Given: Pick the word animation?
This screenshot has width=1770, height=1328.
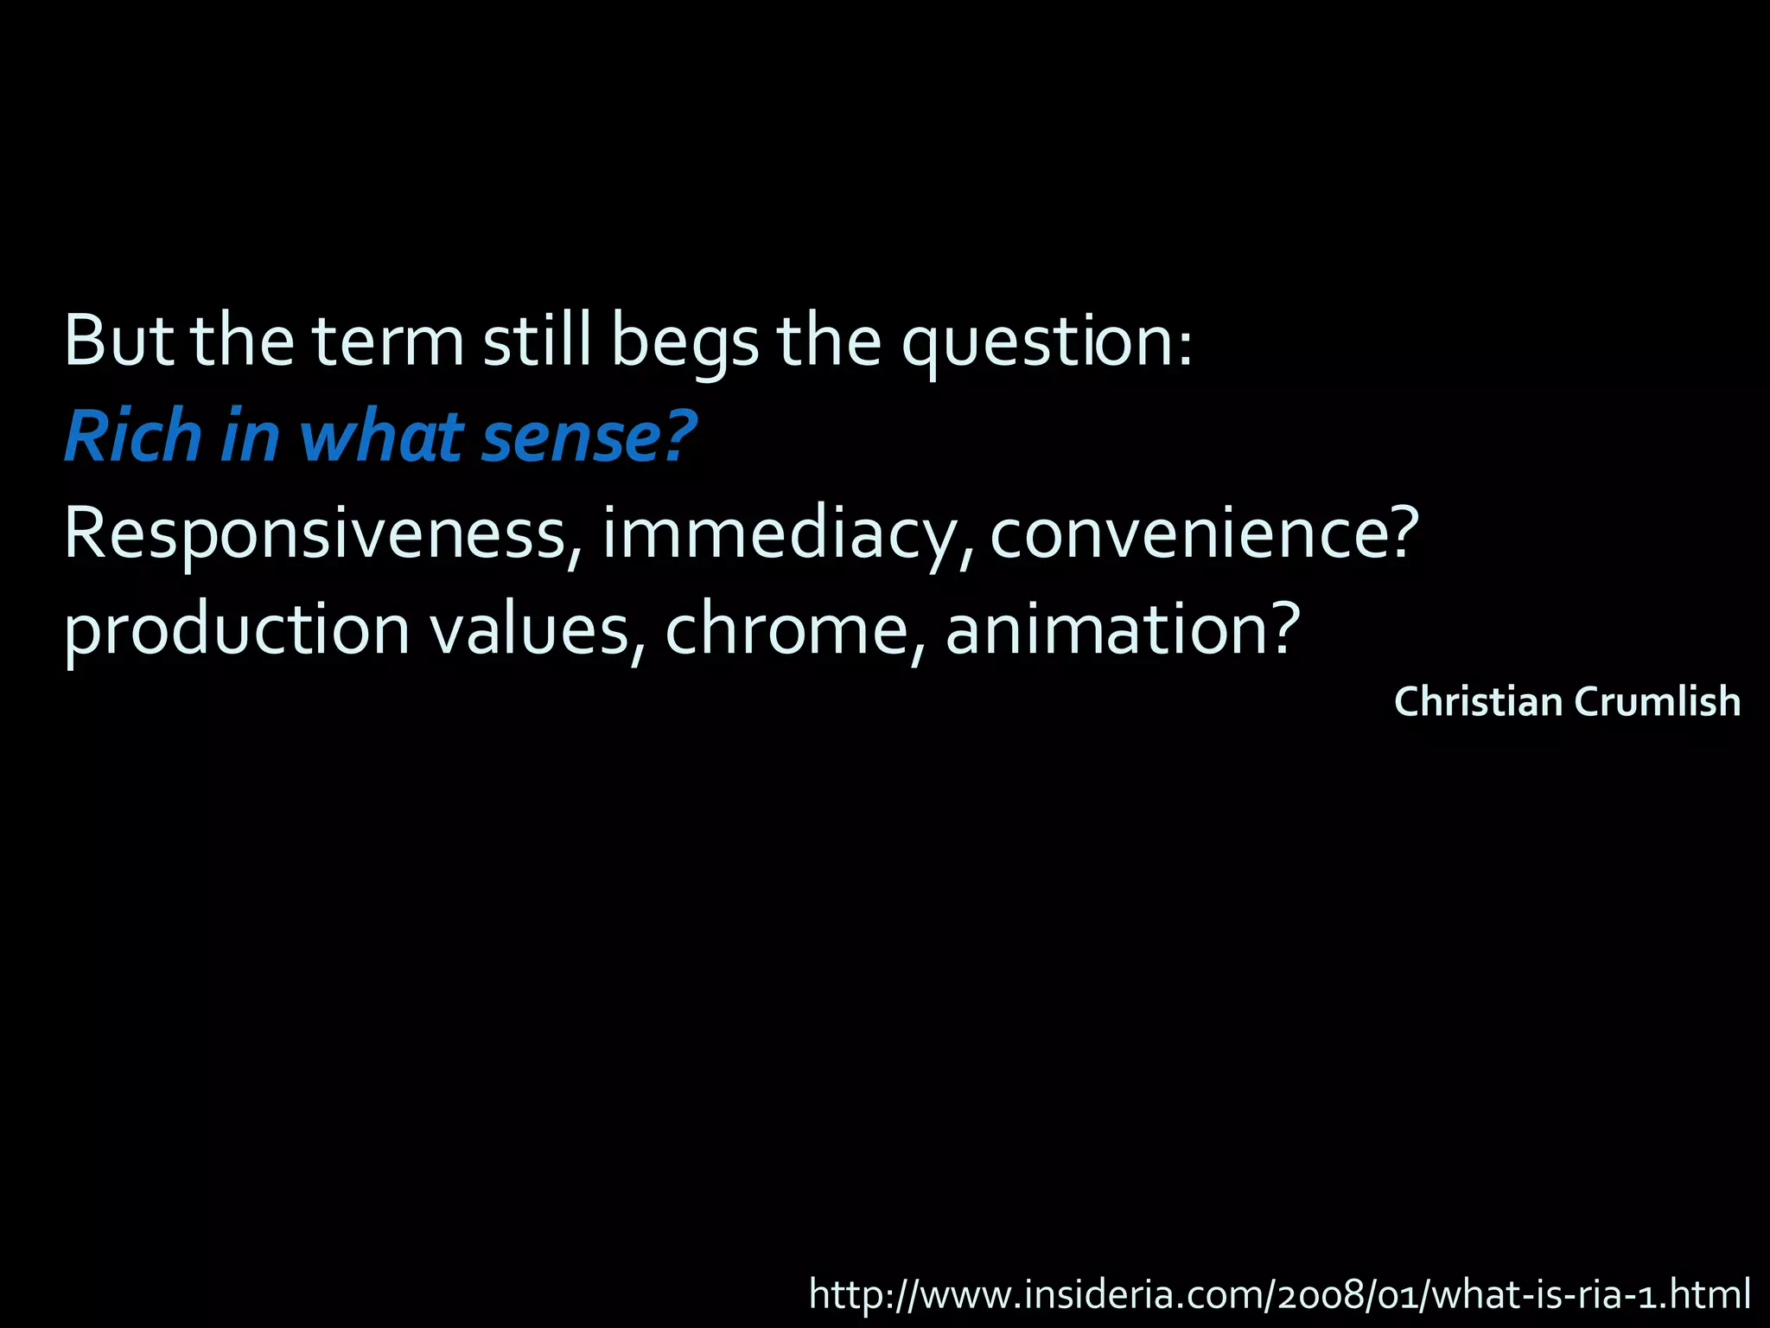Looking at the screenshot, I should coord(1122,629).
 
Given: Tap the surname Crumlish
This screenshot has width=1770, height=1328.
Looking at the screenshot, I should coord(1657,701).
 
